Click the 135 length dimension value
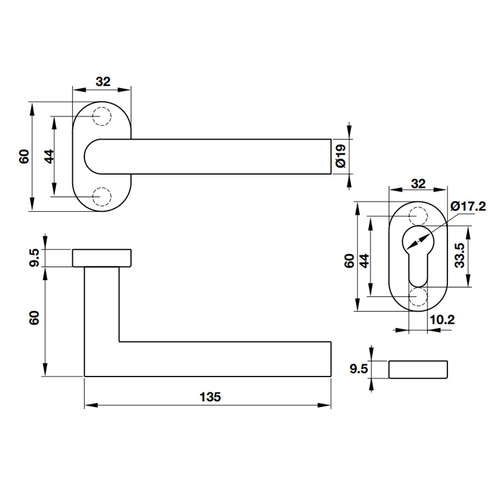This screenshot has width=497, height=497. (x=211, y=396)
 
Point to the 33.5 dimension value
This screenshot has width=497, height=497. (x=459, y=255)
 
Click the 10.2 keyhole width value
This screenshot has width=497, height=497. (x=442, y=320)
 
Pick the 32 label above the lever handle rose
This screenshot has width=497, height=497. (x=103, y=81)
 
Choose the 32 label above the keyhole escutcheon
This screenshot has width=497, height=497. (x=418, y=183)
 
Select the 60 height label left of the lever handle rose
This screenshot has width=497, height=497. (x=24, y=157)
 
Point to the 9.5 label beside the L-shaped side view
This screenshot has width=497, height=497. (x=35, y=257)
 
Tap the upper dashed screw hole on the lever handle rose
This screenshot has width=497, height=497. (x=101, y=116)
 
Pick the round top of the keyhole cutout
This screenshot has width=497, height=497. (x=418, y=242)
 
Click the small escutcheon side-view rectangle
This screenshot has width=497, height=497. (x=418, y=369)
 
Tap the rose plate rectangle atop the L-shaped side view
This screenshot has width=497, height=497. (x=102, y=258)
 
